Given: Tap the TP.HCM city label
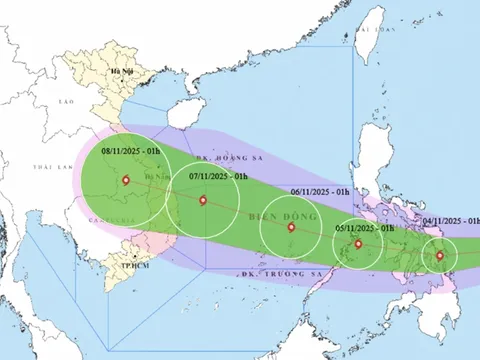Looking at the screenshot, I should [122, 267].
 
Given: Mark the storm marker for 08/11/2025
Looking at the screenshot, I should [125, 181].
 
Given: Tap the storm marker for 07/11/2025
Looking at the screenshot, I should [203, 202].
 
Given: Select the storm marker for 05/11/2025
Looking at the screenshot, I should [358, 243].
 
